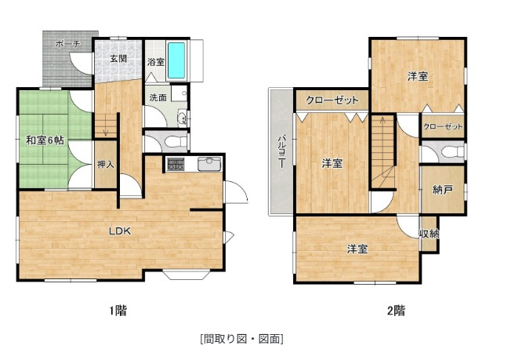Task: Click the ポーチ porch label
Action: (67, 45)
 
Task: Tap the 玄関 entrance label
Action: (118, 59)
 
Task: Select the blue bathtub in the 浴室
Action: (178, 60)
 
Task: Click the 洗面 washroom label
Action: (158, 97)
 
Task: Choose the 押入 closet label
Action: (105, 165)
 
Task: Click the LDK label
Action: (119, 231)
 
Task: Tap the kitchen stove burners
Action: (174, 164)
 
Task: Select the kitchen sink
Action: (208, 164)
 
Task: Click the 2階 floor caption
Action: (395, 310)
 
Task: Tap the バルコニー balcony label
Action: (281, 151)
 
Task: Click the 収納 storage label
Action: (429, 233)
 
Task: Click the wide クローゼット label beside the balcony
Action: (332, 100)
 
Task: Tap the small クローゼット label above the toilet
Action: (443, 126)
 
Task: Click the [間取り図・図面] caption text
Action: (241, 339)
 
